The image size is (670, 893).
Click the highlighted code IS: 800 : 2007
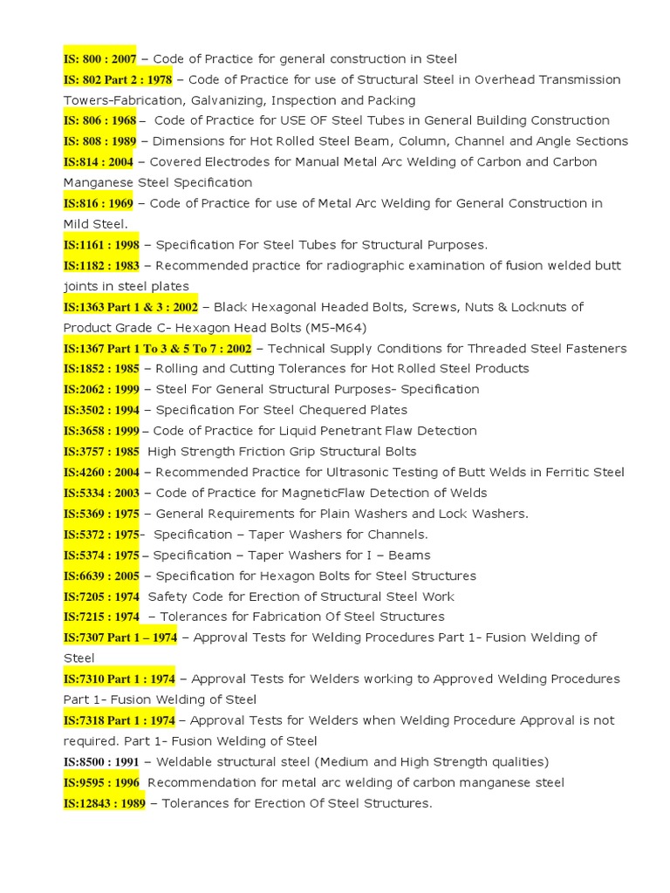tap(99, 58)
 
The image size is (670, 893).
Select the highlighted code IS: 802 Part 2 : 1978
tap(118, 79)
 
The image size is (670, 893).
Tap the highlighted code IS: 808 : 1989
tap(99, 141)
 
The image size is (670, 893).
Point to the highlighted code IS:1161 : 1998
tap(101, 245)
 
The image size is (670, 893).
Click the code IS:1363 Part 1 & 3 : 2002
tap(130, 307)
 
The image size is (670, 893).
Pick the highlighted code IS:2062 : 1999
tap(101, 390)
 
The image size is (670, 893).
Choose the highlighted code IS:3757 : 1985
tap(101, 452)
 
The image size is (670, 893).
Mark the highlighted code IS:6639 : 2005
tap(101, 576)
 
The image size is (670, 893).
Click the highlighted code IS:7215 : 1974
tap(101, 617)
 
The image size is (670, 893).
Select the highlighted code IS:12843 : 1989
tap(105, 803)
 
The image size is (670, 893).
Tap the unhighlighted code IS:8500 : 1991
tap(101, 762)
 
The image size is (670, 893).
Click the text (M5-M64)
tap(337, 328)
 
